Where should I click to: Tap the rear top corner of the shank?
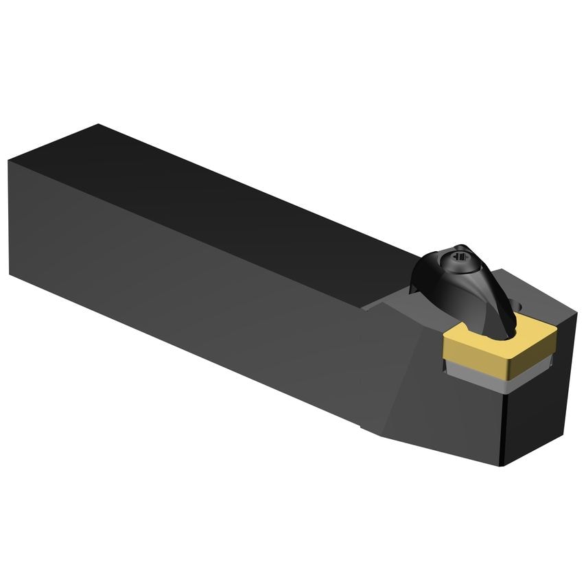point(98,125)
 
